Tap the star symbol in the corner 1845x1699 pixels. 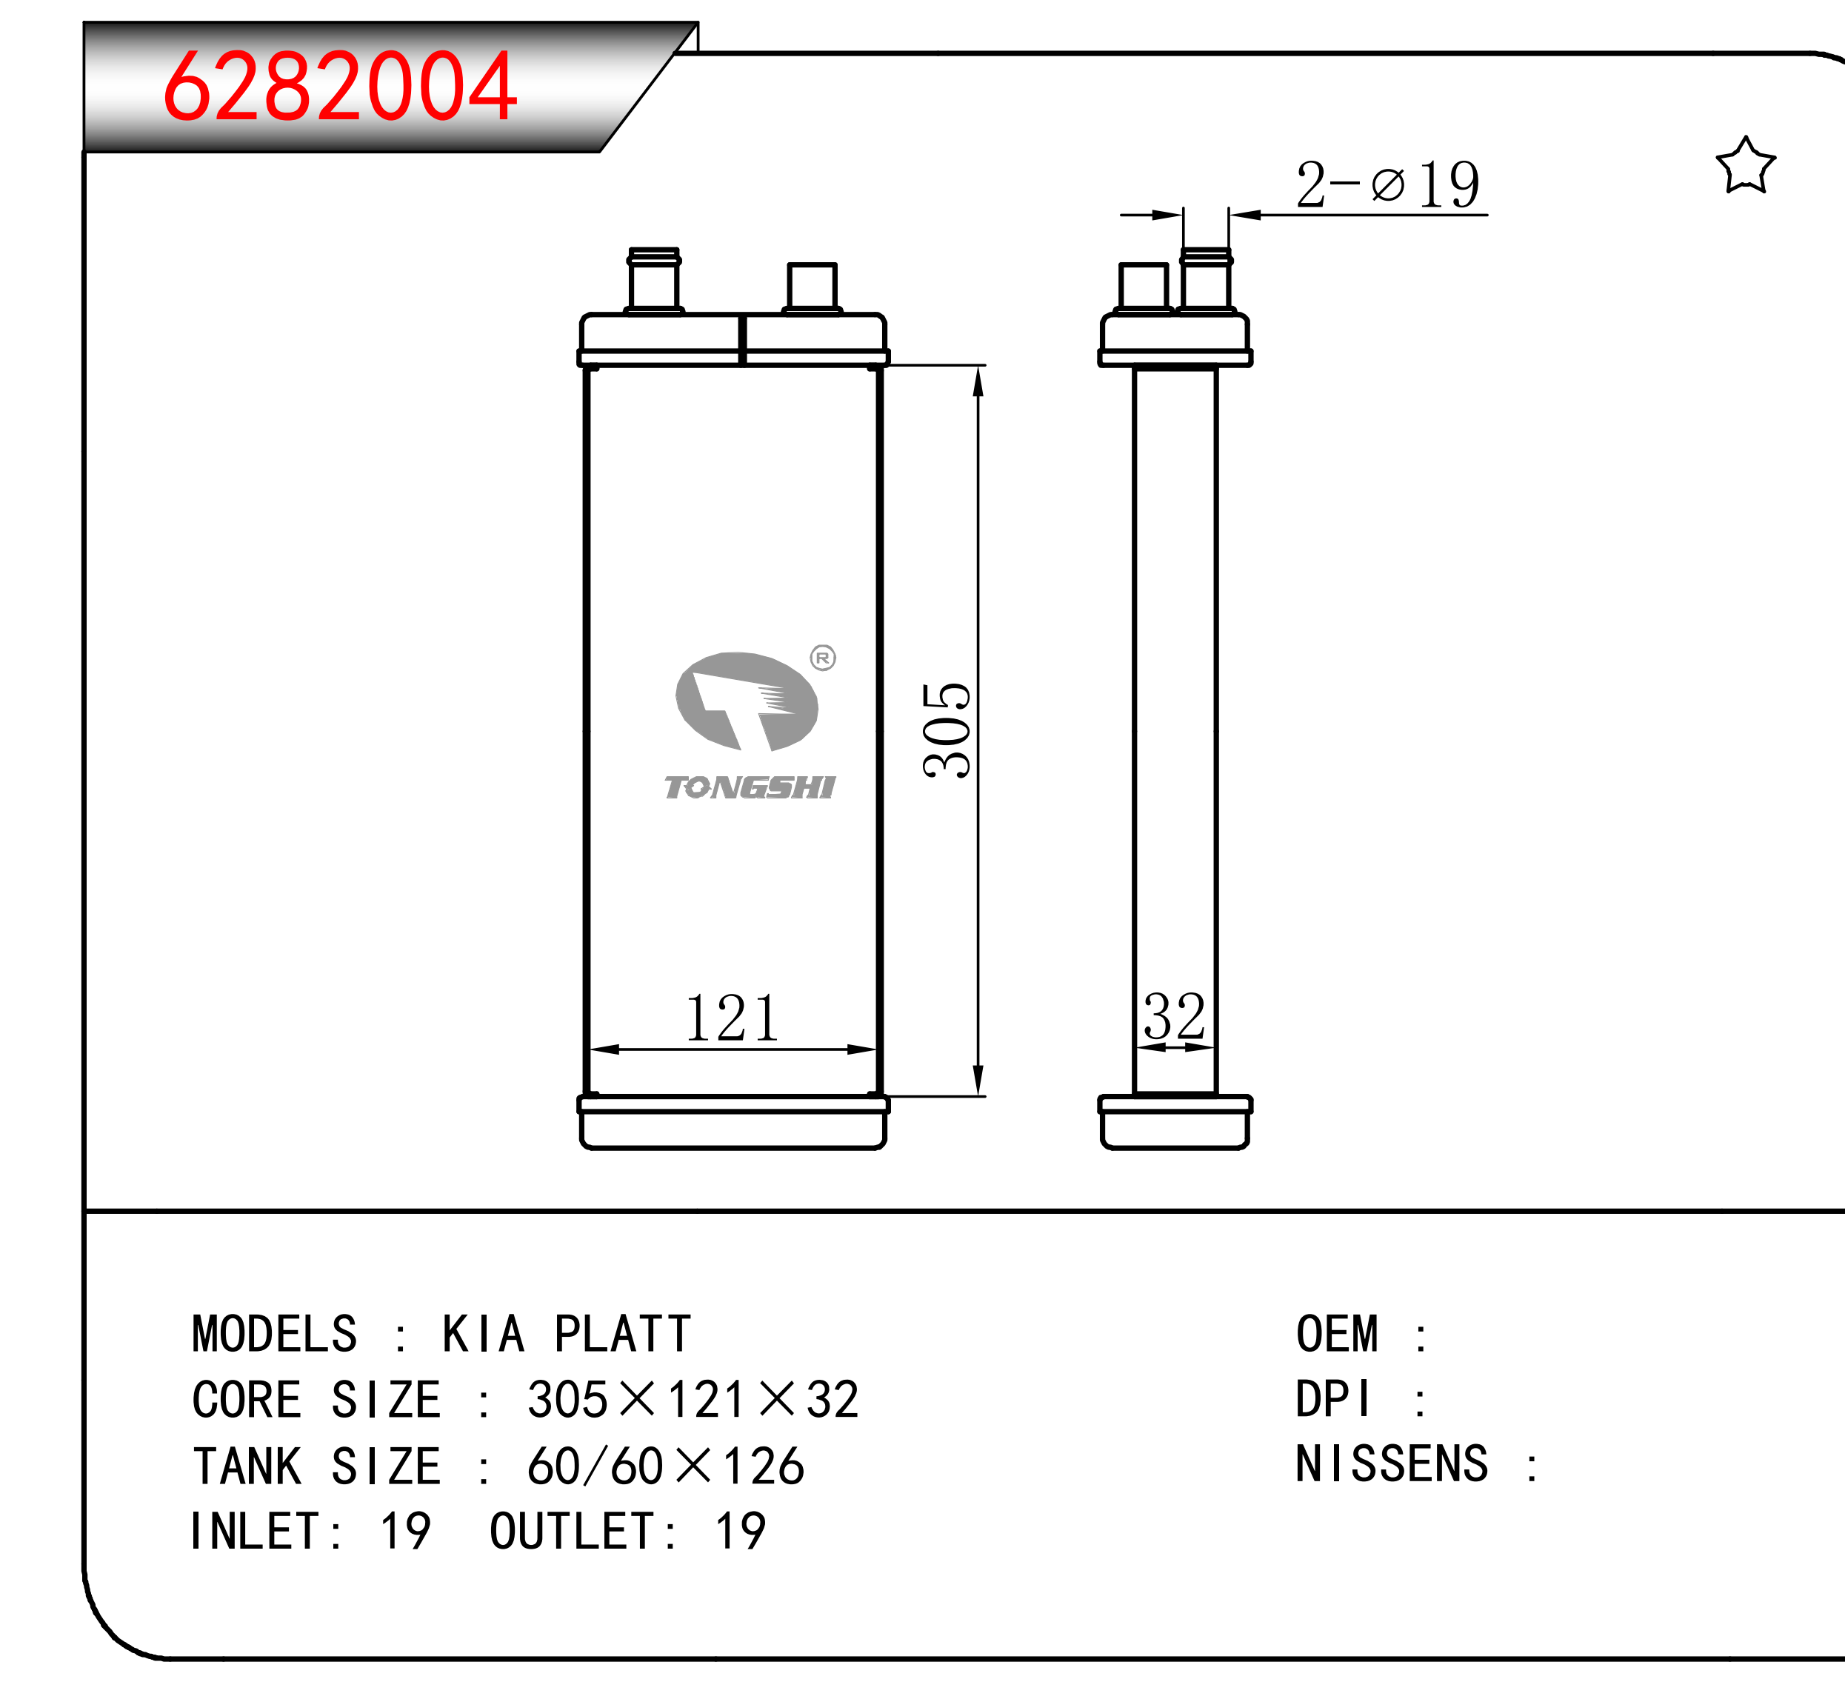click(x=1745, y=167)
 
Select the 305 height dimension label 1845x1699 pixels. click(x=947, y=731)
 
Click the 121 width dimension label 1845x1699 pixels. click(x=732, y=1018)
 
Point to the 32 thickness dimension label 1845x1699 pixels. click(x=1174, y=1016)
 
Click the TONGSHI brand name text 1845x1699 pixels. click(x=750, y=788)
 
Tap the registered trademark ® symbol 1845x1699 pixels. click(x=823, y=658)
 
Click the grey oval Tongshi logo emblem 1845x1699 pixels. click(x=747, y=701)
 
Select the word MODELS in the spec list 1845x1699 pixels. click(x=274, y=1334)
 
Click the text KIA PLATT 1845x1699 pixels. click(x=567, y=1334)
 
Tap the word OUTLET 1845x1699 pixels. click(x=572, y=1532)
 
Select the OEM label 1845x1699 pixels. click(x=1337, y=1334)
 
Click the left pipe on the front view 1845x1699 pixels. click(x=653, y=281)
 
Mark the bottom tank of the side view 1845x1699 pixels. click(x=1175, y=1123)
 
